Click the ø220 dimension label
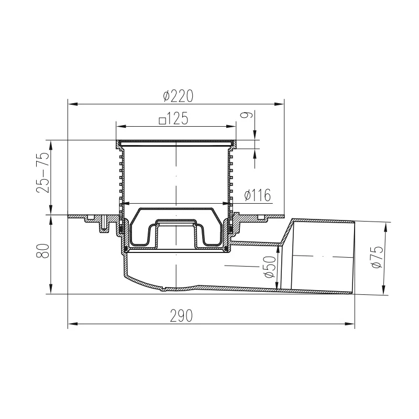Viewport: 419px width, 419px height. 178,96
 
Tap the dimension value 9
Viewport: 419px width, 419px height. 247,115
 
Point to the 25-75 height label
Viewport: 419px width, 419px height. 43,172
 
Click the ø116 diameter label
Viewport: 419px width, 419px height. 258,195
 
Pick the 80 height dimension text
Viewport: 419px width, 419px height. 43,251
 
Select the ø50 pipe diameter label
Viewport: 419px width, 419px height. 270,267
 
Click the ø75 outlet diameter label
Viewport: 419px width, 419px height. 377,257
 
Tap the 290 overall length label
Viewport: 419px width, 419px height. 181,316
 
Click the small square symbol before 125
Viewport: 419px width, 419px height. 162,121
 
